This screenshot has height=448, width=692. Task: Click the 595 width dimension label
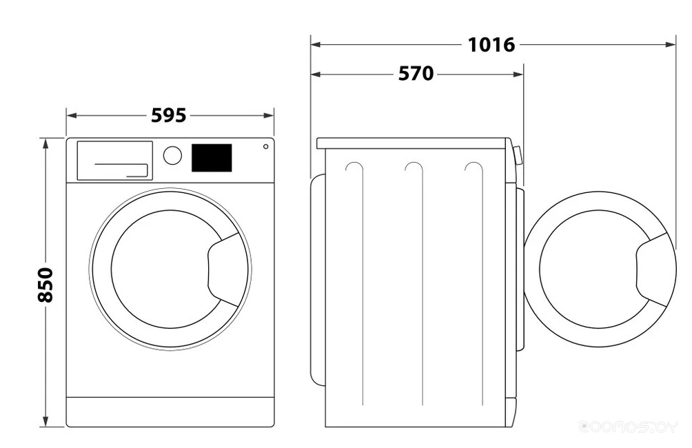tap(169, 116)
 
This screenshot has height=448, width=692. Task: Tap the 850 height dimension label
tap(45, 283)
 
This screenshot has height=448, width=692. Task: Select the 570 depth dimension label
tap(416, 73)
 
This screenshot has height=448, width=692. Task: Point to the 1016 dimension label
tap(491, 45)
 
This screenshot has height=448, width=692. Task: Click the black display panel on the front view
tap(211, 158)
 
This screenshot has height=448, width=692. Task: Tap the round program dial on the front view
tap(172, 155)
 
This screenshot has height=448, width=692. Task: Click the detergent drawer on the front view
tap(114, 161)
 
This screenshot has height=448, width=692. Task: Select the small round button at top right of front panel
tap(265, 146)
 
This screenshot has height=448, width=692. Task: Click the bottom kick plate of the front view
tap(170, 411)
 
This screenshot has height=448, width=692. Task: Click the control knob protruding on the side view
tap(517, 155)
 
